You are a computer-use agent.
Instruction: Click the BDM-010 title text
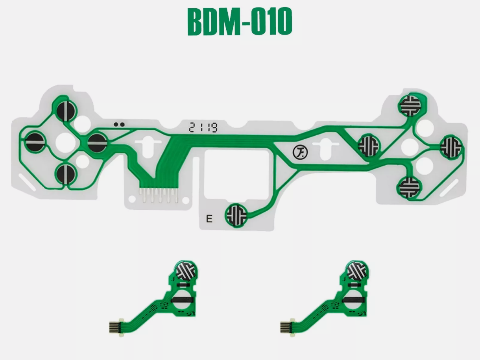point(240,22)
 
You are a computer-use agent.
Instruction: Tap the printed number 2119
point(203,127)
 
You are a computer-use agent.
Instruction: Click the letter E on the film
point(209,219)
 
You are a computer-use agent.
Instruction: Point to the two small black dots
point(119,124)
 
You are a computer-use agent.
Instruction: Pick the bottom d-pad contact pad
point(65,173)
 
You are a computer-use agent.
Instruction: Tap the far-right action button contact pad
point(450,146)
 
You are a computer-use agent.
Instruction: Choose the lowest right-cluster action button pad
point(409,187)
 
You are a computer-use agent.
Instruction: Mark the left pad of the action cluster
point(369,145)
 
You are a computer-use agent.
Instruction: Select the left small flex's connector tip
point(114,326)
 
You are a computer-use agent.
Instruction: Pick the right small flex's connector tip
point(285,326)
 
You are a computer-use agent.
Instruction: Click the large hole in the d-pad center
point(64,142)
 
